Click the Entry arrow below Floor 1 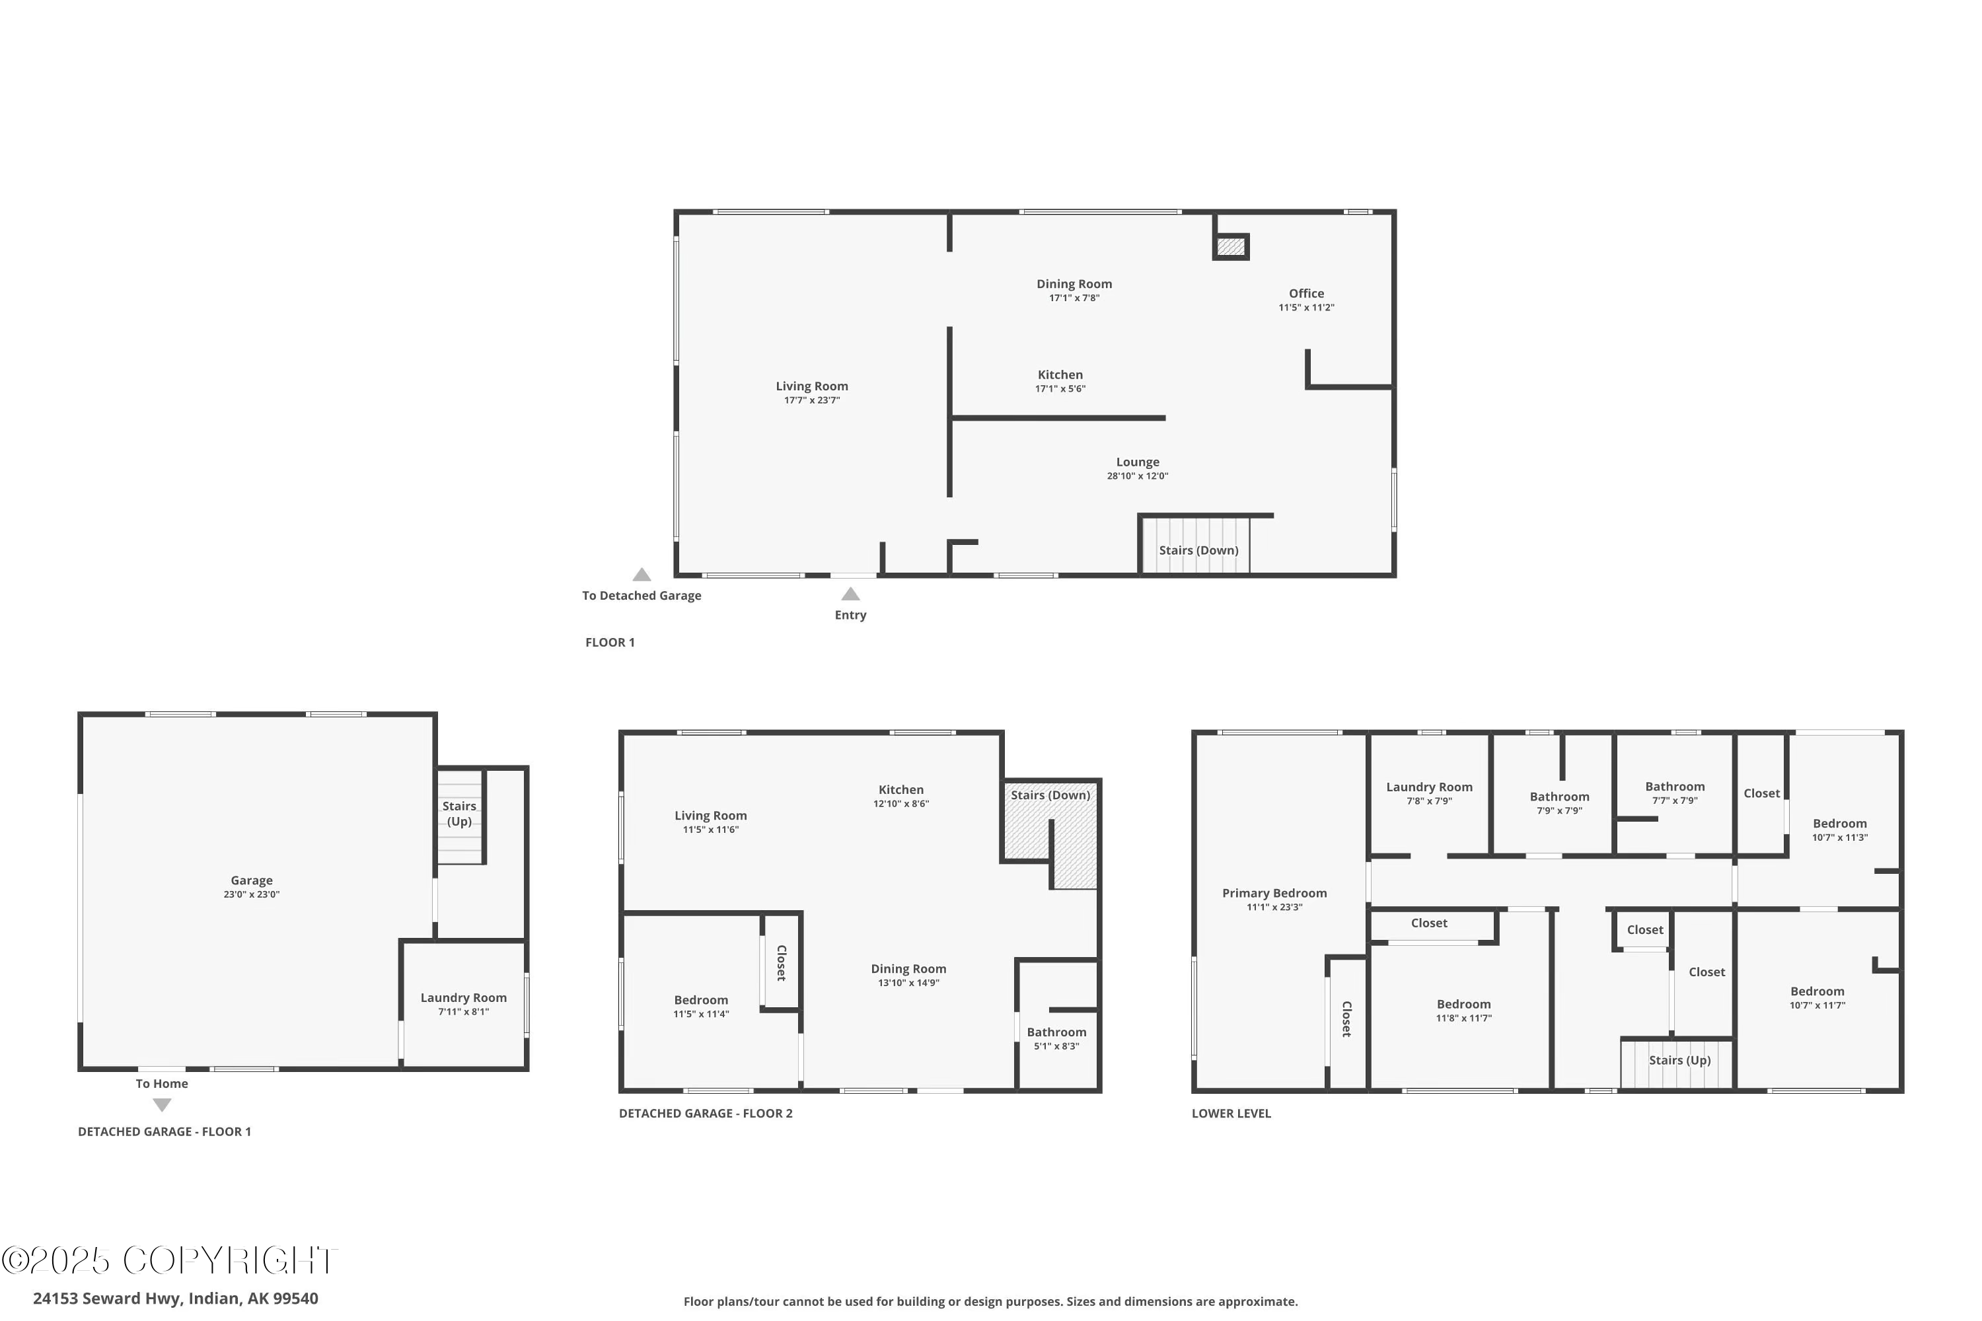coord(850,594)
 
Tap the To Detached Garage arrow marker coord(642,575)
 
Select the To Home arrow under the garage coord(162,1104)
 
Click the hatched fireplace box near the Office coord(1230,247)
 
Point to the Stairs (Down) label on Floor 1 coord(1198,550)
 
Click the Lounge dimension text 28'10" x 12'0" coord(1138,476)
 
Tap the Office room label coord(1306,293)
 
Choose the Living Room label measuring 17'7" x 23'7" coord(811,386)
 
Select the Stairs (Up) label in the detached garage coord(459,813)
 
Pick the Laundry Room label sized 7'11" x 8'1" coord(464,997)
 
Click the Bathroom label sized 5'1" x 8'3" coord(1056,1032)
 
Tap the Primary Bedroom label coord(1274,893)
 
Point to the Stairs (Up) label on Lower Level coord(1679,1060)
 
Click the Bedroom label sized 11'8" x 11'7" coord(1464,1004)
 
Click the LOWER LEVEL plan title coord(1231,1113)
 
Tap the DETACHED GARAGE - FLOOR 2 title coord(706,1113)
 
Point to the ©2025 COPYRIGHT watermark coord(168,1260)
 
